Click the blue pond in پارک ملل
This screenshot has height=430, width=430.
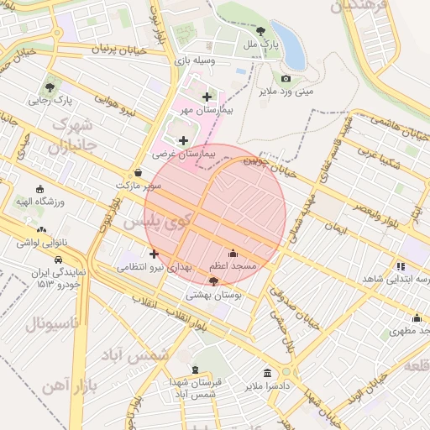[x=290, y=46]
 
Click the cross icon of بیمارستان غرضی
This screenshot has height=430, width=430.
[x=183, y=140]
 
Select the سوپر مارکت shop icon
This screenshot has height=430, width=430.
[x=138, y=171]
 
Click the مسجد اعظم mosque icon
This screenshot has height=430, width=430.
[x=233, y=253]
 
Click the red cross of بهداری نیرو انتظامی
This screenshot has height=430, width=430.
[x=153, y=254]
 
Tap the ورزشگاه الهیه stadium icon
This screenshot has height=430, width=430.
[x=39, y=189]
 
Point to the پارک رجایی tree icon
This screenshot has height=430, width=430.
[x=52, y=87]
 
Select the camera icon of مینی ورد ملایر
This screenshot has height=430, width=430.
[x=286, y=78]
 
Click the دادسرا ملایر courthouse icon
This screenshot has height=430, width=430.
[x=267, y=372]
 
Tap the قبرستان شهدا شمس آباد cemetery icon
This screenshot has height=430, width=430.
[x=195, y=370]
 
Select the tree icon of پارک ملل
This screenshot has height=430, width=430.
[x=260, y=30]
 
